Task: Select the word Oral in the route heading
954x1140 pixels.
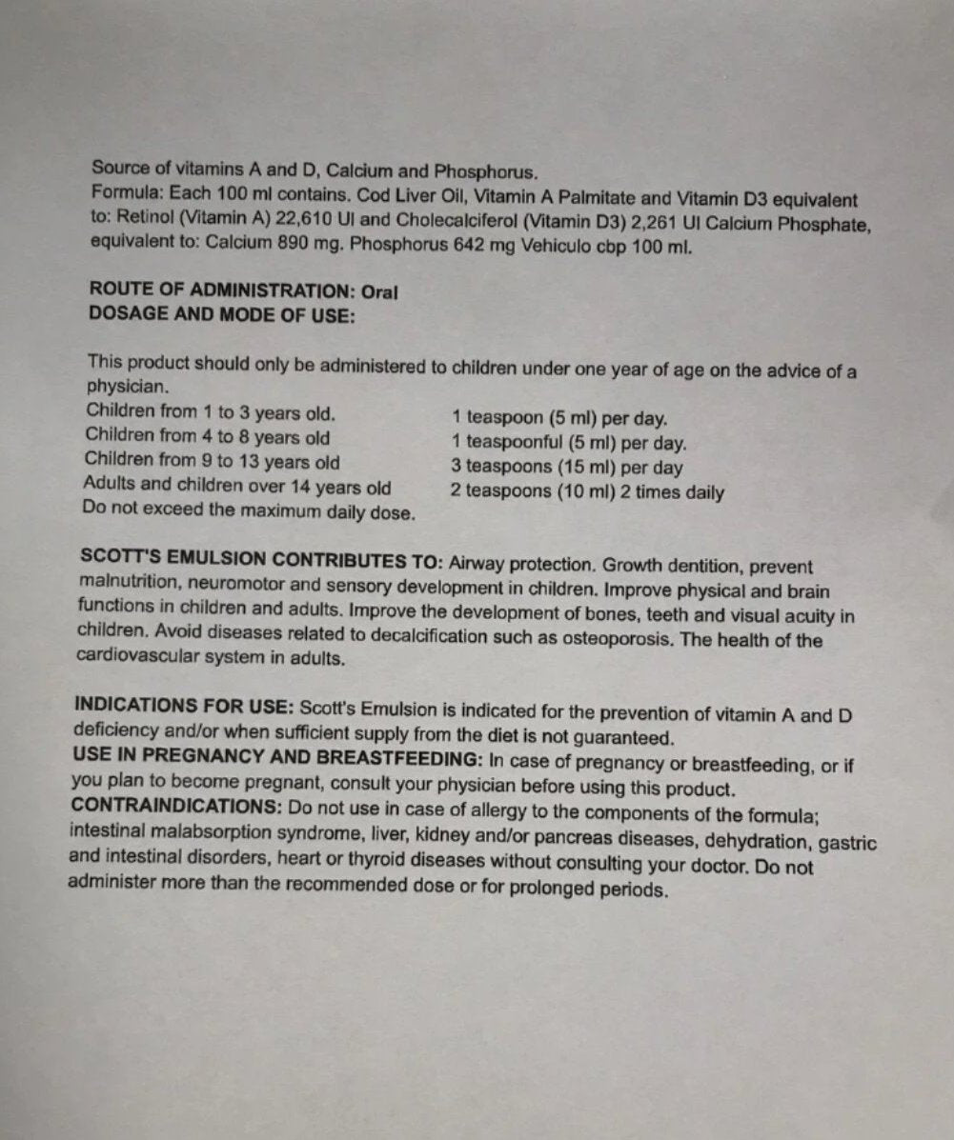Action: [379, 291]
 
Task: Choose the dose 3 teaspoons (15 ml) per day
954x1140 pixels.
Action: [567, 468]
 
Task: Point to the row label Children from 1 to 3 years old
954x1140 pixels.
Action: [210, 413]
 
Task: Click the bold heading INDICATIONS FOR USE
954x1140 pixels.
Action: [184, 708]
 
